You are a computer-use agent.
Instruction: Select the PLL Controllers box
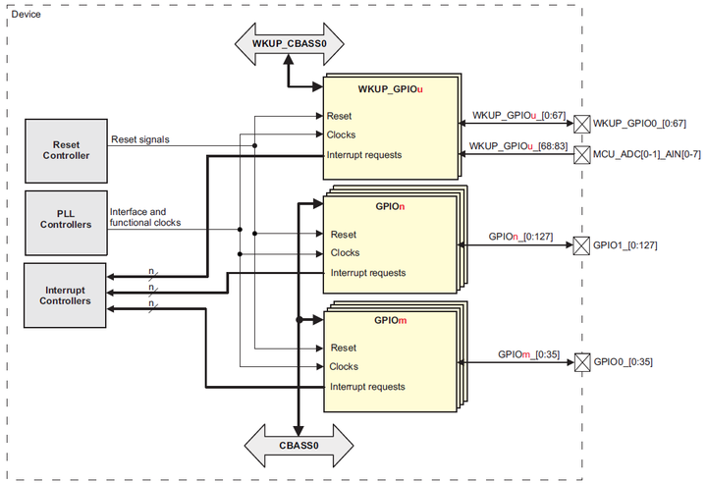coord(66,218)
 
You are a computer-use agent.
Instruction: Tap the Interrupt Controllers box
coord(66,294)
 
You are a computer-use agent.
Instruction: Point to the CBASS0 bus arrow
coord(299,445)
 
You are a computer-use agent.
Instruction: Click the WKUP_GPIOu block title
coord(390,89)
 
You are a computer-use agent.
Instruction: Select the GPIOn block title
coord(390,208)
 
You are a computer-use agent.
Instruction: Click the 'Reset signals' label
coord(139,139)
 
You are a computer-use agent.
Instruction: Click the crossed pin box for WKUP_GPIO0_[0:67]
coord(581,124)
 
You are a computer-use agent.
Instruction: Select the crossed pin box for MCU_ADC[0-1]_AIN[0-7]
coord(581,154)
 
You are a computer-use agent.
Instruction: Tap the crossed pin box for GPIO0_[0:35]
coord(581,362)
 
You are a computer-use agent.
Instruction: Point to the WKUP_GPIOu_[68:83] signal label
coord(518,146)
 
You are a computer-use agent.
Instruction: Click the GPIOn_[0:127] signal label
coord(523,237)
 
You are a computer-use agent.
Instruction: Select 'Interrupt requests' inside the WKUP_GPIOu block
coord(363,155)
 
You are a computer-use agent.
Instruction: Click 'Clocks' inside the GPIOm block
coord(344,366)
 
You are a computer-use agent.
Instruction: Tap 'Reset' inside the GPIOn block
coord(343,235)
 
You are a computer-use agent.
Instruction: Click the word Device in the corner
coord(26,15)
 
